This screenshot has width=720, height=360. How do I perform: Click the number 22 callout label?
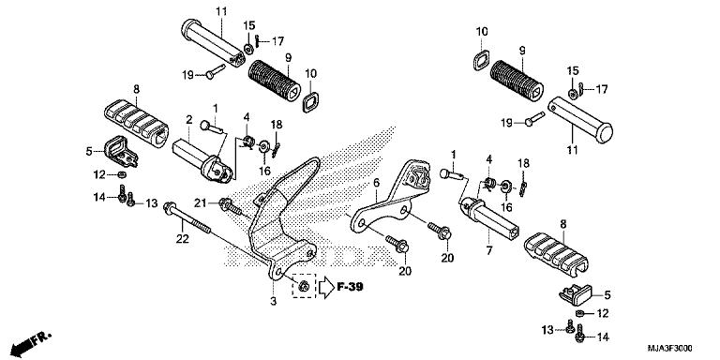183,240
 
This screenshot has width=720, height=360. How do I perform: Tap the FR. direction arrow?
28,339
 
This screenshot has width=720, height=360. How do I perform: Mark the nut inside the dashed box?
304,284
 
